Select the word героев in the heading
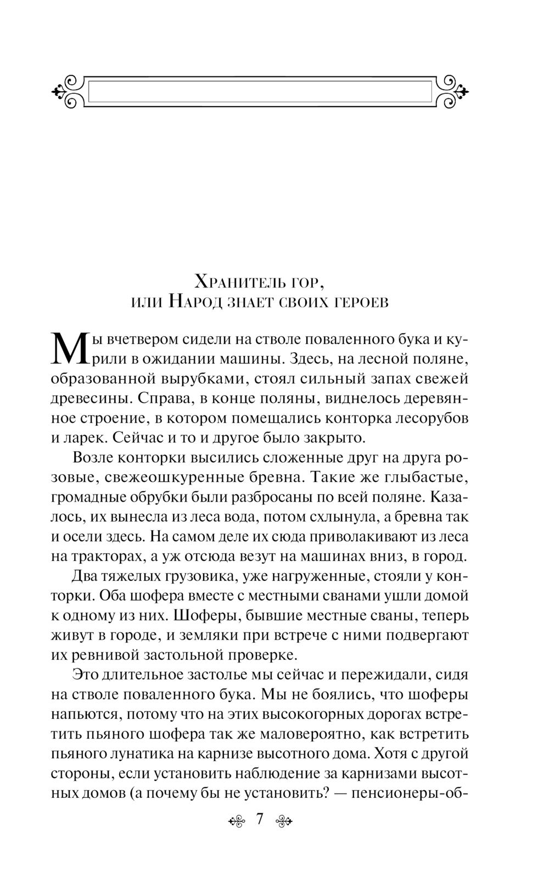(x=357, y=302)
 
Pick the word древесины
(x=88, y=398)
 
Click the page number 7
(x=259, y=820)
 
